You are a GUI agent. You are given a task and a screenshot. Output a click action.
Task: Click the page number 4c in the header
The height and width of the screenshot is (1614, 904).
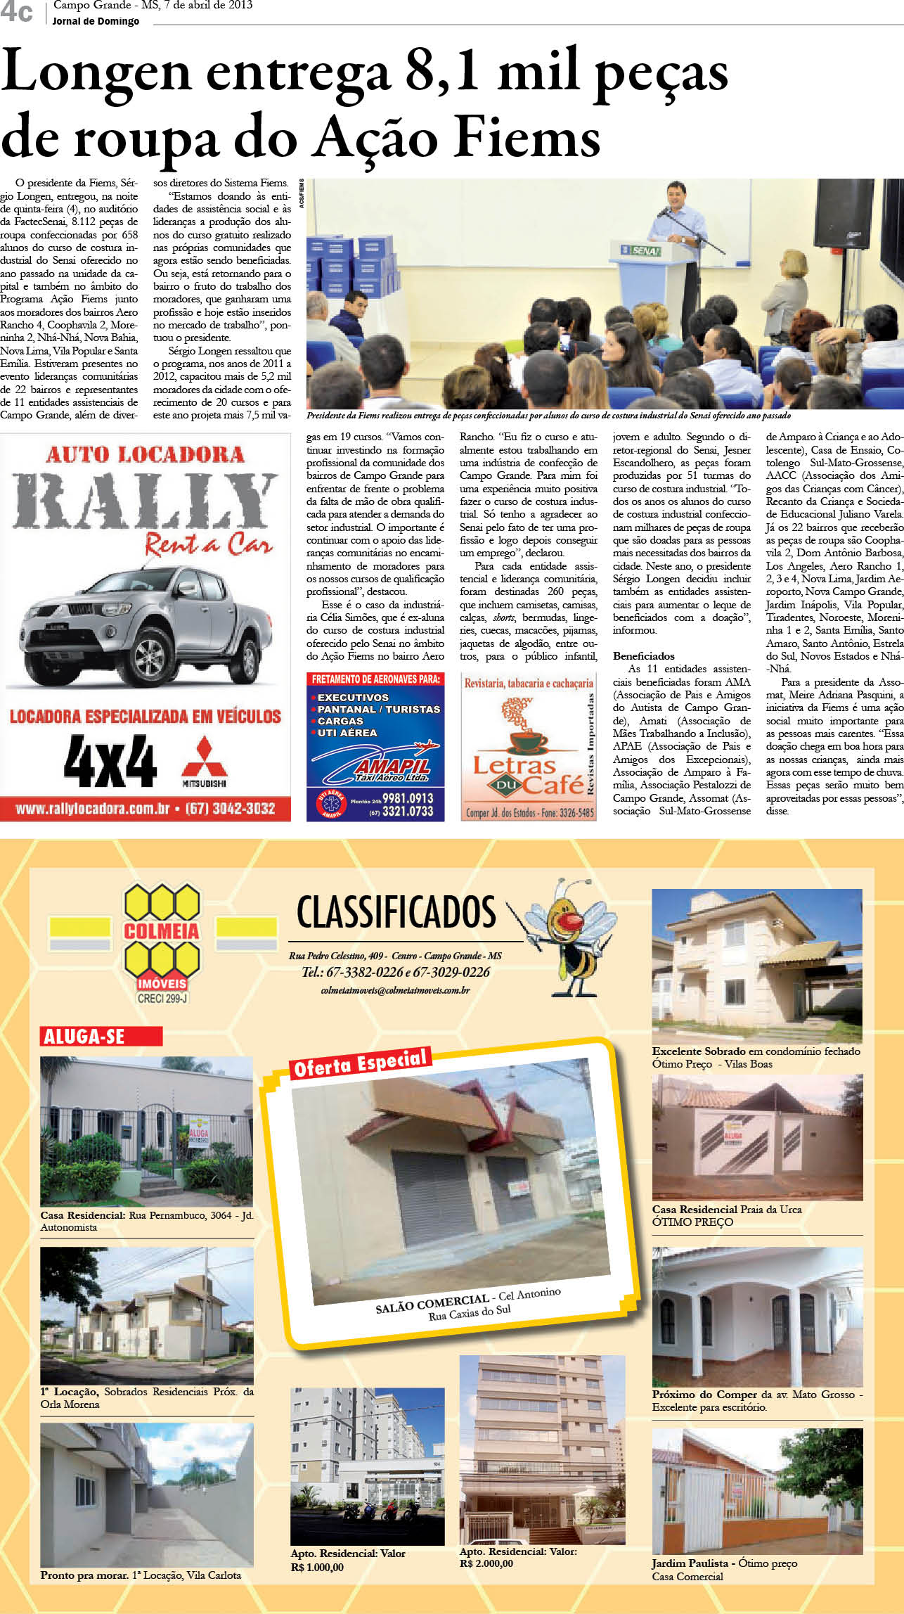pos(16,12)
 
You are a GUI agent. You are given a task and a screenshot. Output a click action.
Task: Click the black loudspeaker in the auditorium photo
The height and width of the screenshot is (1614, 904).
pos(843,214)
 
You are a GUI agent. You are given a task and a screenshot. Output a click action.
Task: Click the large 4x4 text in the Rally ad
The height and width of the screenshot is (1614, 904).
pos(110,761)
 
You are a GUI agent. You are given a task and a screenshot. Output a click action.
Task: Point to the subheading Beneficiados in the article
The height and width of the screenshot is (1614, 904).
pos(643,655)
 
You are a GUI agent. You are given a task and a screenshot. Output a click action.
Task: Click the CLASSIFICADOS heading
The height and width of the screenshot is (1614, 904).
pos(396,912)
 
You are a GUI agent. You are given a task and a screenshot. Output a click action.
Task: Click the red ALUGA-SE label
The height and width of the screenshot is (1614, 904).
pos(101,1036)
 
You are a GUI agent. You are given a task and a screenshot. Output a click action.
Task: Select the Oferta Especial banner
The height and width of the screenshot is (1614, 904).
pos(361,1063)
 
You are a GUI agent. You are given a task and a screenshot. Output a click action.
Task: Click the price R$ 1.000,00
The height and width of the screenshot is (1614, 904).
pos(317,1567)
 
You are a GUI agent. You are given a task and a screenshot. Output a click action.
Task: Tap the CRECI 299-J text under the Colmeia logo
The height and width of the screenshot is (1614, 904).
pos(162,998)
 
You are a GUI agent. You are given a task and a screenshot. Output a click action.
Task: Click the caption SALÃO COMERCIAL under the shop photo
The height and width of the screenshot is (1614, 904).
pos(432,1305)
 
